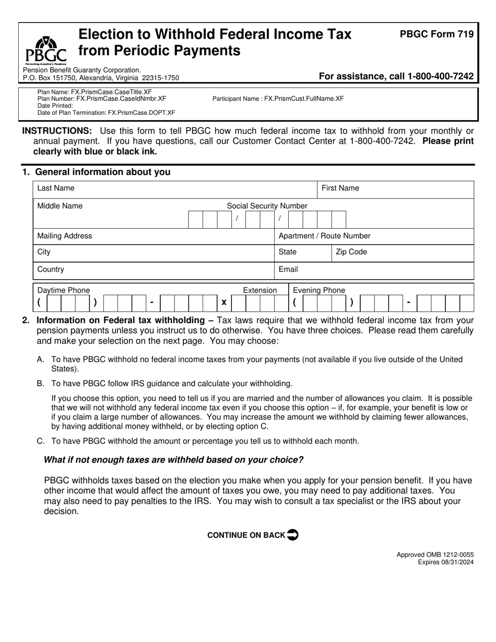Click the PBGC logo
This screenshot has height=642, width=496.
46,50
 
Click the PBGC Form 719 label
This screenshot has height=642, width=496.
436,34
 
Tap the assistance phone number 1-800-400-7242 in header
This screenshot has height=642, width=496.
440,76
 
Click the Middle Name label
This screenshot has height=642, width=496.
60,206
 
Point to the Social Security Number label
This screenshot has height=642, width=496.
267,206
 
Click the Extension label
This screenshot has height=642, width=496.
259,290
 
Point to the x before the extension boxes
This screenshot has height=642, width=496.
223,302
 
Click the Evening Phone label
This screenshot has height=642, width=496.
318,290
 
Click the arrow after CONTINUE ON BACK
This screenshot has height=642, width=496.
293,534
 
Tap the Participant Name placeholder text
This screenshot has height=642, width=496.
278,98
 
